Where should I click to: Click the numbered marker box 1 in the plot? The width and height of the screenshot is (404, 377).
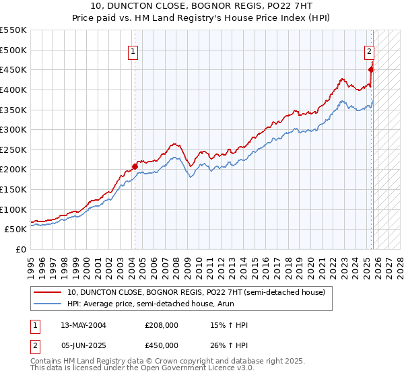pyautogui.click(x=133, y=50)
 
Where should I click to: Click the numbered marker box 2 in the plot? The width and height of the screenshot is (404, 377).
pyautogui.click(x=370, y=50)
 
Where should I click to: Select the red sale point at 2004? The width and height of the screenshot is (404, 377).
pyautogui.click(x=135, y=166)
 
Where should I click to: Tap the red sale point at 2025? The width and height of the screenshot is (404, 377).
pyautogui.click(x=371, y=69)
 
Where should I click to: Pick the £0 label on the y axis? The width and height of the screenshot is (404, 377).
pyautogui.click(x=22, y=249)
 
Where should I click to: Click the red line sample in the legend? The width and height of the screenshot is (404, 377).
pyautogui.click(x=48, y=292)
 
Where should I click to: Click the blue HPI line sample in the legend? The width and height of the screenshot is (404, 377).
pyautogui.click(x=48, y=304)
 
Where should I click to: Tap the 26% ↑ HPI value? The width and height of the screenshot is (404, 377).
pyautogui.click(x=229, y=345)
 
